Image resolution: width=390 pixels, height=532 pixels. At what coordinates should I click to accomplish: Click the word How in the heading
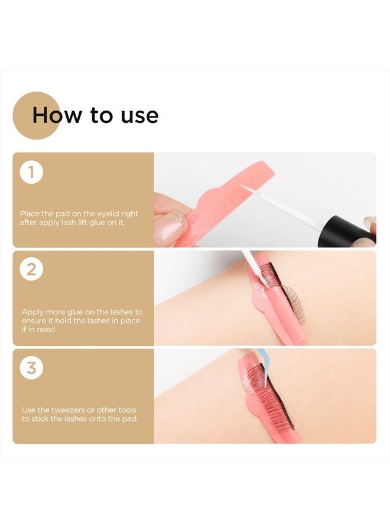(57, 115)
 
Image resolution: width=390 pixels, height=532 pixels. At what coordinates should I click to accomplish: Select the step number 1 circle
(31, 172)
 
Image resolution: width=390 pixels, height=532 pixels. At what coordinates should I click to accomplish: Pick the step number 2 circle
(31, 270)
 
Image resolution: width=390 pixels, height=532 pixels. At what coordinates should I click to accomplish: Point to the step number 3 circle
(31, 368)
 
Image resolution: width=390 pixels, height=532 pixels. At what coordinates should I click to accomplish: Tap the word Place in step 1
(30, 213)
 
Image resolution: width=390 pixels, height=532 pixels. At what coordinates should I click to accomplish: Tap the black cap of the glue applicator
(344, 232)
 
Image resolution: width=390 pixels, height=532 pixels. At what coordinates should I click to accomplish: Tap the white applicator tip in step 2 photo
(248, 261)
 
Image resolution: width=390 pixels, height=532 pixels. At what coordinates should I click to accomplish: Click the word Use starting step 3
(29, 410)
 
